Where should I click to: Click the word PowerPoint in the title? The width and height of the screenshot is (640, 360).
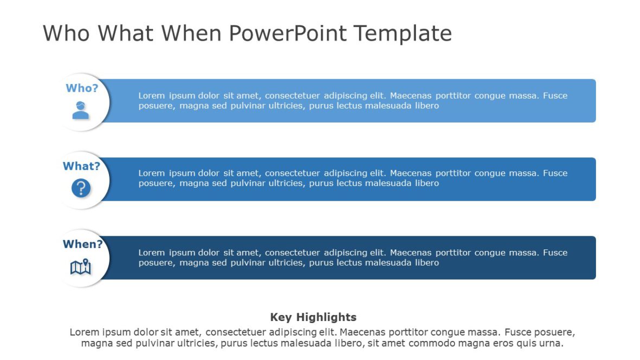click(x=288, y=34)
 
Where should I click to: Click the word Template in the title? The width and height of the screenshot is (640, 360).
click(x=403, y=34)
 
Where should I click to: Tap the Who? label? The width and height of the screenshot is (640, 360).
click(x=82, y=88)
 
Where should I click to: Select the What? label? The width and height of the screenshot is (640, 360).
click(x=81, y=166)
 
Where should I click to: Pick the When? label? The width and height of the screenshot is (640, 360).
click(x=82, y=244)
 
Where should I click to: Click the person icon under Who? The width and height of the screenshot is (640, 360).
click(x=81, y=110)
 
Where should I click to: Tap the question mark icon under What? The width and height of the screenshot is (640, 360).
click(x=81, y=188)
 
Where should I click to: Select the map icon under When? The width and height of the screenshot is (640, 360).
click(x=81, y=267)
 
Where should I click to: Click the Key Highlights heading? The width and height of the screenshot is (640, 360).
click(x=313, y=317)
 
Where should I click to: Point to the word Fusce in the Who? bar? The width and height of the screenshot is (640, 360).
click(x=555, y=95)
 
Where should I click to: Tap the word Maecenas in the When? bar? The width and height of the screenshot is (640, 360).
click(x=409, y=253)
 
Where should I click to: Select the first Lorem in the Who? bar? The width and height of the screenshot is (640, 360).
click(x=151, y=95)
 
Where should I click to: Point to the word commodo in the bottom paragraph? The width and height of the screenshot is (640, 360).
click(x=431, y=343)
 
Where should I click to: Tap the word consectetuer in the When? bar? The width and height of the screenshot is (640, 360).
click(x=293, y=253)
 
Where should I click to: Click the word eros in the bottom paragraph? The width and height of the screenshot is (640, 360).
click(x=498, y=343)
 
